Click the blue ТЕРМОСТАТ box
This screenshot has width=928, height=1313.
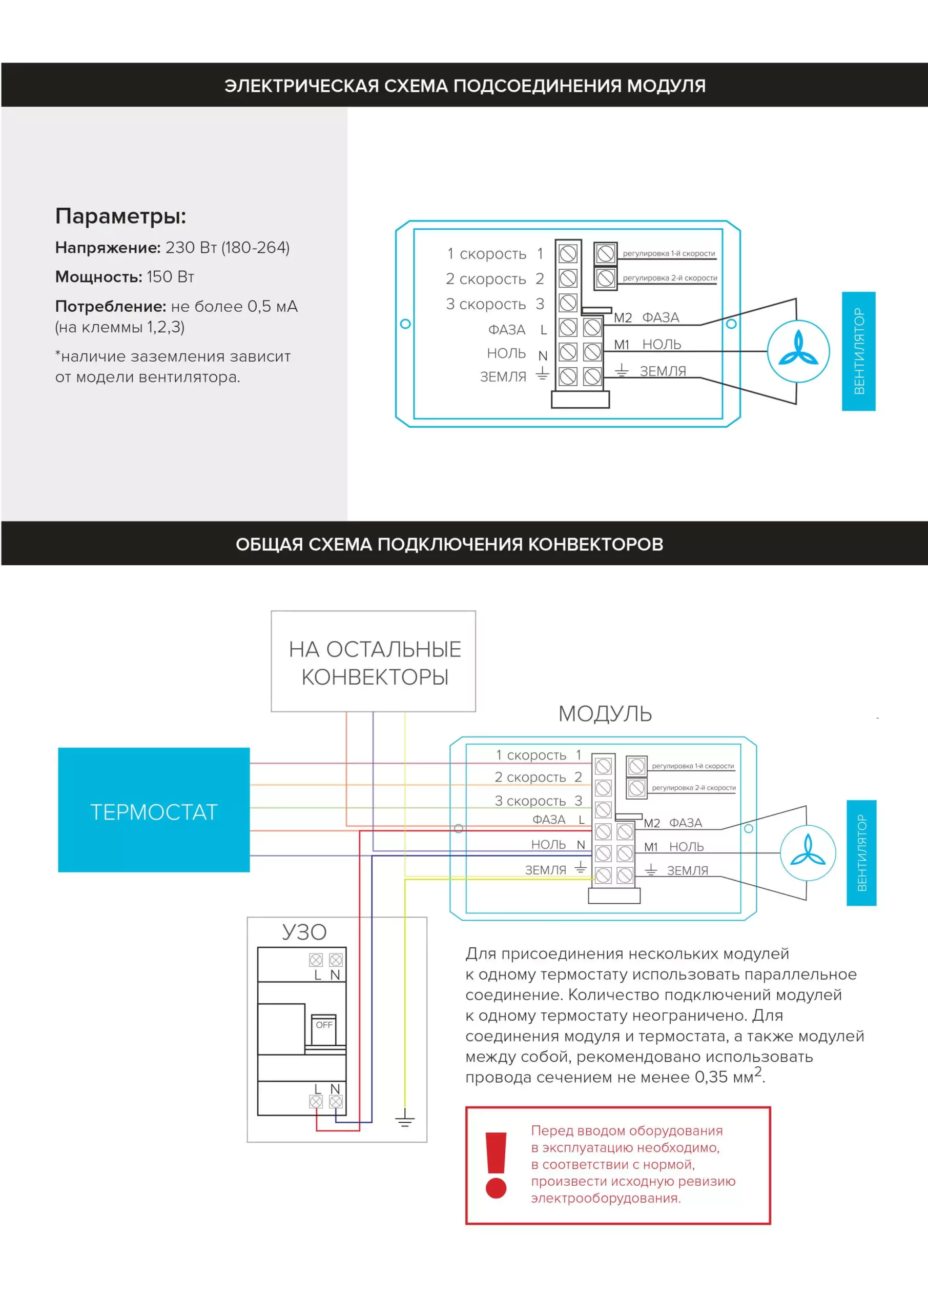[x=154, y=810]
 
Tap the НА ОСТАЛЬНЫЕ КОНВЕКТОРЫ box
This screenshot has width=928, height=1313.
[x=373, y=661]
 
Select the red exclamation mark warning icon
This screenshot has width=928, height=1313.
[x=496, y=1165]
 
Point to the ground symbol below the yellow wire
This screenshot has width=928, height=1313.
[x=405, y=1118]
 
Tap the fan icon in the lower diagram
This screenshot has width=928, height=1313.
[x=808, y=852]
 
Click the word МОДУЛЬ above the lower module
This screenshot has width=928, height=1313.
[x=605, y=713]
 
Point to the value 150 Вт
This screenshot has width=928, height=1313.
[x=170, y=277]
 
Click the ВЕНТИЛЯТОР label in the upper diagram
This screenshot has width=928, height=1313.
[x=858, y=351]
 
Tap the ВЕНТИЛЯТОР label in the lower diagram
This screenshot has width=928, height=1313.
[x=861, y=852]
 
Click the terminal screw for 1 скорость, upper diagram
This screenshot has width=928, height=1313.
[x=567, y=253]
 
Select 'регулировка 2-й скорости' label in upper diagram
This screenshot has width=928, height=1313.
[x=670, y=278]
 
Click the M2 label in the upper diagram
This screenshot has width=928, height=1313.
[x=623, y=318]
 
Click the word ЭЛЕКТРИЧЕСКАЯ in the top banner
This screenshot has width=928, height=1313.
[x=302, y=86]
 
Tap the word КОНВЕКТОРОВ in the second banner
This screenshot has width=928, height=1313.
[x=595, y=544]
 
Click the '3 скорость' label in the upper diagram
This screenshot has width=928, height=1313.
[x=486, y=304]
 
